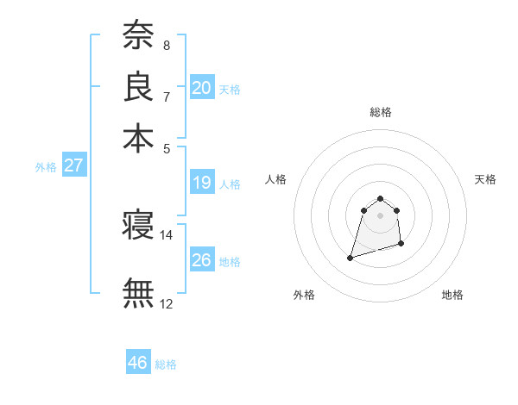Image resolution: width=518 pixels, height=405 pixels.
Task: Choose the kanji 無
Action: coord(138,292)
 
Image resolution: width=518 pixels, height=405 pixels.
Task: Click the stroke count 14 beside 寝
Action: coord(167,235)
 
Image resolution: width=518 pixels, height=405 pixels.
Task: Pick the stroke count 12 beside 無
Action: coord(167,303)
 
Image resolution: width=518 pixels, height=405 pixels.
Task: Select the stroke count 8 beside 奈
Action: coord(167,45)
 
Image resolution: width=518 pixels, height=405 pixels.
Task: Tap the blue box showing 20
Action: coord(202,87)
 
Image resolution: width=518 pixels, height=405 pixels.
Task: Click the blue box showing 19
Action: coord(202,183)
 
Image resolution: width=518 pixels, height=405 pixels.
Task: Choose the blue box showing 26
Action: coord(202,259)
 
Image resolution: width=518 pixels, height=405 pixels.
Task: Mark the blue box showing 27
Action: coord(73,165)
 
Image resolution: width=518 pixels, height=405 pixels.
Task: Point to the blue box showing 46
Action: coord(138,363)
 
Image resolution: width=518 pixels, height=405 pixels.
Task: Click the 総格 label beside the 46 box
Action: coord(166,364)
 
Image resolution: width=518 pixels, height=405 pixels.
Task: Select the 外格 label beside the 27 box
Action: coord(46,167)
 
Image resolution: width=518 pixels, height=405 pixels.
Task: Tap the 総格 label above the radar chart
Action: coord(381,112)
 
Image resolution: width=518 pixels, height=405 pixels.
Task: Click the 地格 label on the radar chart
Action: coord(452,296)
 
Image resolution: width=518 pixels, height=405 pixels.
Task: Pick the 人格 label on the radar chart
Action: coord(276,179)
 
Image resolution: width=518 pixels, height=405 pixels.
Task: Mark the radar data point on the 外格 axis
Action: coord(351,258)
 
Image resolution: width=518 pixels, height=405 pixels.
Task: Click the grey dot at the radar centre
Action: coord(381,215)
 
